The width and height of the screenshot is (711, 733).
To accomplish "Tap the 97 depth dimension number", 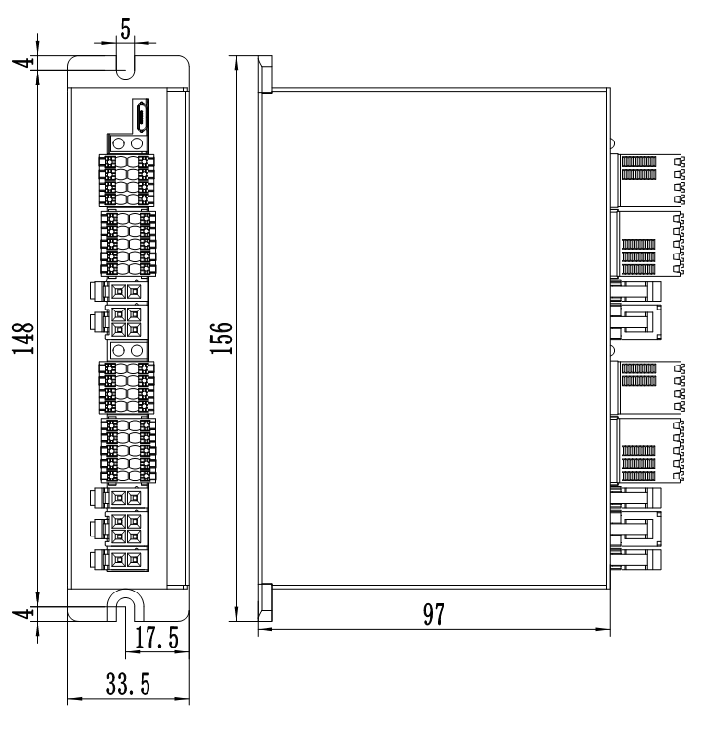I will (x=434, y=615).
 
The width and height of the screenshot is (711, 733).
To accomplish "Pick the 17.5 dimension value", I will (x=156, y=639).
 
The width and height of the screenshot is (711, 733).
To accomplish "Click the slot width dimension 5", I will (x=126, y=28).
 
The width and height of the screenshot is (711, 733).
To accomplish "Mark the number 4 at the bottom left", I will (x=30, y=611).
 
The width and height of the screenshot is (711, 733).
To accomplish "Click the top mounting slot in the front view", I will (x=126, y=65).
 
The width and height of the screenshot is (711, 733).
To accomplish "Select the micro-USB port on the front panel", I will (x=142, y=115).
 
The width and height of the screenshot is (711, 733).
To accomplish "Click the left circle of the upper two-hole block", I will (x=119, y=143).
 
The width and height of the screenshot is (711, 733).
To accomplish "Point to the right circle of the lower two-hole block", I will (x=137, y=350).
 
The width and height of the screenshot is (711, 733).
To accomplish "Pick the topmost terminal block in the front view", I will (x=127, y=178).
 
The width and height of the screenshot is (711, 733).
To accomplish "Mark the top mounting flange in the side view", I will (x=264, y=75).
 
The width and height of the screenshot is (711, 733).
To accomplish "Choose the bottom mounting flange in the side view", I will (x=264, y=601).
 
